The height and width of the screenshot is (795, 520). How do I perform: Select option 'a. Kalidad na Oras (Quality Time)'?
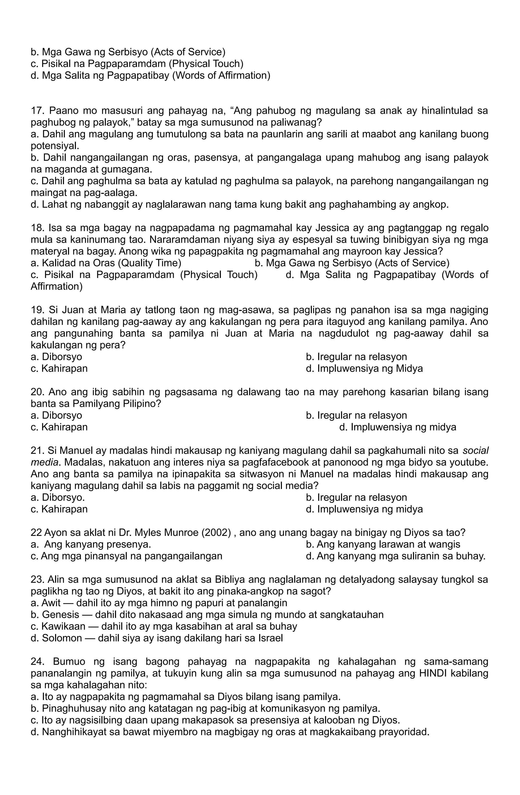pos(106,263)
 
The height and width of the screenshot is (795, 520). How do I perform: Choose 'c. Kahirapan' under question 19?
pos(59,369)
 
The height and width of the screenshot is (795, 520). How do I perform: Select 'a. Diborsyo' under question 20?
pos(56,415)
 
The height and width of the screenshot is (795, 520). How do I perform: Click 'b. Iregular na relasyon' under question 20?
pos(356,415)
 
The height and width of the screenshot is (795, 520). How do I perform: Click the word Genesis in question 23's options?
pos(60,614)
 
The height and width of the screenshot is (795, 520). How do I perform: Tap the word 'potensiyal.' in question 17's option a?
pos(55,146)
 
